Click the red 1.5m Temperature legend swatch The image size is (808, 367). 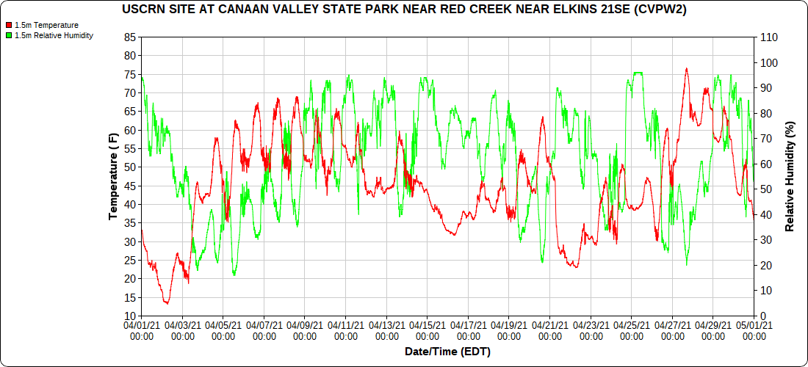9,25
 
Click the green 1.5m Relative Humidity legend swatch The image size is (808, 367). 9,35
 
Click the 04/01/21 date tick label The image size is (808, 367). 142,330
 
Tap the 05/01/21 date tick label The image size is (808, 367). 754,330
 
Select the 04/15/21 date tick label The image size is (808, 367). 428,330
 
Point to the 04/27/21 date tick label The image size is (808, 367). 673,330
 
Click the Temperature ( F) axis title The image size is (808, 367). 113,176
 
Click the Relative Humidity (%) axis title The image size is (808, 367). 790,176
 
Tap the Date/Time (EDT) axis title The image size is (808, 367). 447,352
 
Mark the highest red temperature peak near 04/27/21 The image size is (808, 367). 686,68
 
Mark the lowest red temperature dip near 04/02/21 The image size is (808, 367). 167,302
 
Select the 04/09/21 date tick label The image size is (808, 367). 305,330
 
